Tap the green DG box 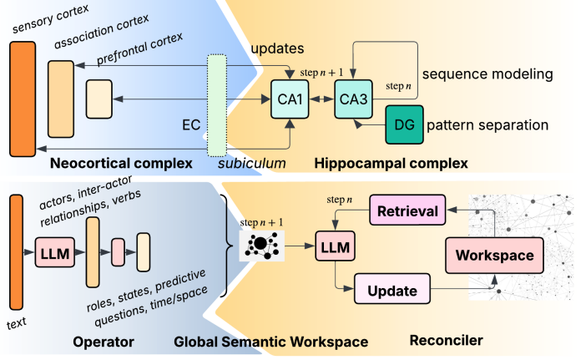point(403,126)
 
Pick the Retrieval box point(403,212)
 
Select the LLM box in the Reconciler point(335,248)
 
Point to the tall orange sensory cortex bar point(22,98)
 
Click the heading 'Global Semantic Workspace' point(271,341)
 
